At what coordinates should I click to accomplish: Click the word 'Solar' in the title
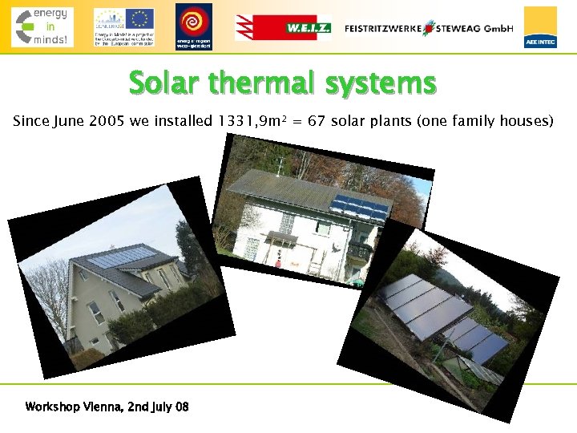(x=164, y=83)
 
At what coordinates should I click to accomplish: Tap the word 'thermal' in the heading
(x=275, y=83)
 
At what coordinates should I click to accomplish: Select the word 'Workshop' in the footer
(x=53, y=407)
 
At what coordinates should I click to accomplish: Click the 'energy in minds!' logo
(x=42, y=26)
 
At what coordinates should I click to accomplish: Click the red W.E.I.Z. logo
(x=282, y=27)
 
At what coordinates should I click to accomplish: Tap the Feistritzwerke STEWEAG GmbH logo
(x=429, y=27)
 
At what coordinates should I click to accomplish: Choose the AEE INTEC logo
(x=540, y=26)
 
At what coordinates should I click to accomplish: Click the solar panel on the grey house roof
(x=120, y=258)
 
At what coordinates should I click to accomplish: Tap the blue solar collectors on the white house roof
(x=361, y=206)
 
